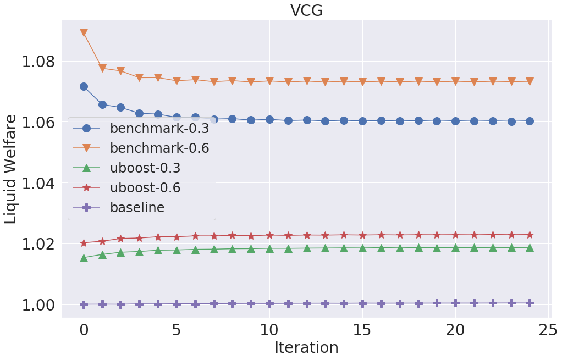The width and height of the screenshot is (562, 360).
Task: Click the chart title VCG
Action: pos(306,10)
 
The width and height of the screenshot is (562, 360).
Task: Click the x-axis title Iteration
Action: pos(306,347)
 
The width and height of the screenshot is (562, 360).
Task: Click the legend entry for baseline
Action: pos(137,208)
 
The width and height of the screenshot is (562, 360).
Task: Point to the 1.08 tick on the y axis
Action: pos(38,61)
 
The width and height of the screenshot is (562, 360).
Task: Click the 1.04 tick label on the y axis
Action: pos(38,183)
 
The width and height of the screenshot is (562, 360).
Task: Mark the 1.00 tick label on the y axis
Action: pos(38,305)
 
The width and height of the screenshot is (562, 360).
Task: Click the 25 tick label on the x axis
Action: pos(548,330)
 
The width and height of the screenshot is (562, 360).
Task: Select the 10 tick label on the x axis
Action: pos(269,330)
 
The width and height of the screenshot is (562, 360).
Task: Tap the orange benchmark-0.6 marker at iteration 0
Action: pos(84,33)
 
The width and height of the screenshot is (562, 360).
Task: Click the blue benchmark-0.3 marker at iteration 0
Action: pos(84,86)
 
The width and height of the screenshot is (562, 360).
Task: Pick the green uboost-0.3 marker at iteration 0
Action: pos(84,257)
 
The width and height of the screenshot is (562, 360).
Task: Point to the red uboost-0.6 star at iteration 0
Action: pos(84,243)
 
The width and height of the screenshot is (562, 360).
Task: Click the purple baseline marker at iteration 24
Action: pos(530,303)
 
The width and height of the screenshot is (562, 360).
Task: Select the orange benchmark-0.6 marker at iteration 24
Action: pos(530,81)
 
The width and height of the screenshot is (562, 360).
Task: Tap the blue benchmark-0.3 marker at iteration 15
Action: pos(362,121)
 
